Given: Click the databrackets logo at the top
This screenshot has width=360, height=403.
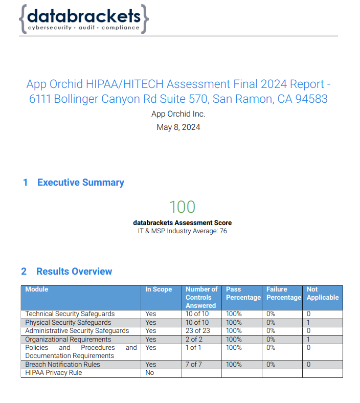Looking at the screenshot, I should pyautogui.click(x=84, y=19).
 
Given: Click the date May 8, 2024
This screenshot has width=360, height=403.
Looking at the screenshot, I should pyautogui.click(x=178, y=127).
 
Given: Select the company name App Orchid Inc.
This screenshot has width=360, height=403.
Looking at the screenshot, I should pyautogui.click(x=178, y=114).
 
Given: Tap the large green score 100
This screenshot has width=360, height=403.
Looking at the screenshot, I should pyautogui.click(x=182, y=207).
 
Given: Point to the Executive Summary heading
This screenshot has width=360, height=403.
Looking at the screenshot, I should pyautogui.click(x=80, y=183).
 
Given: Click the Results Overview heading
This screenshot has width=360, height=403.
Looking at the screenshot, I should pyautogui.click(x=74, y=272).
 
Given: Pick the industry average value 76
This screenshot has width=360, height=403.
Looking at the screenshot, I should pyautogui.click(x=223, y=231).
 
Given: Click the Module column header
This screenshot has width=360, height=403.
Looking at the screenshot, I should pyautogui.click(x=37, y=289).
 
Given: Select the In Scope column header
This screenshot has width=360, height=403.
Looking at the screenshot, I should pyautogui.click(x=159, y=289).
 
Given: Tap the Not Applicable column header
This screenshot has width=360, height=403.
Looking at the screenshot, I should pyautogui.click(x=322, y=294).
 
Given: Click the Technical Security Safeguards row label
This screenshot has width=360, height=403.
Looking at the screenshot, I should pyautogui.click(x=70, y=314).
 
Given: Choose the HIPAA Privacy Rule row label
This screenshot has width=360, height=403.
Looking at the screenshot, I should pyautogui.click(x=54, y=373).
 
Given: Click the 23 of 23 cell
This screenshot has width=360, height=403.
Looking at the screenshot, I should pyautogui.click(x=197, y=331).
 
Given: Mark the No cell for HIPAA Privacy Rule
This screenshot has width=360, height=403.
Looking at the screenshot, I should pyautogui.click(x=149, y=373).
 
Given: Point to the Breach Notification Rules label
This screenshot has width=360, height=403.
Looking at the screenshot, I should pyautogui.click(x=62, y=365).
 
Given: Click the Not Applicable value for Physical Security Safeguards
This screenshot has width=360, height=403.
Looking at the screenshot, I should pyautogui.click(x=309, y=323).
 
